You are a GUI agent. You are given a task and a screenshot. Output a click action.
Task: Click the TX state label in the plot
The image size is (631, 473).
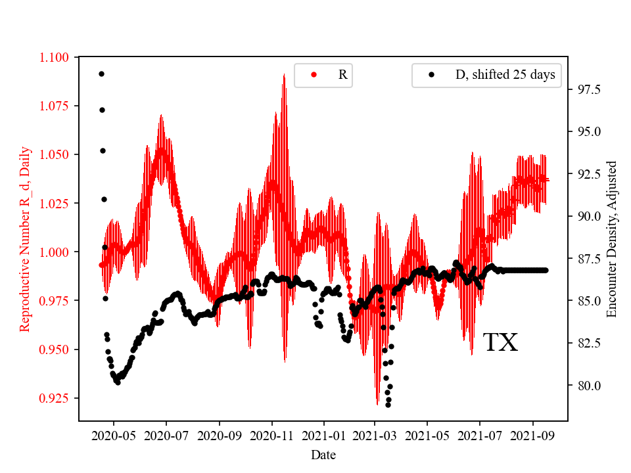pyautogui.click(x=501, y=343)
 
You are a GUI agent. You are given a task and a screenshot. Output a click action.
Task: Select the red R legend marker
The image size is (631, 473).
pyautogui.click(x=314, y=75)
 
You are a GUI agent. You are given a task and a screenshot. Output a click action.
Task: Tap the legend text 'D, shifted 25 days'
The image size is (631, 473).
pyautogui.click(x=505, y=75)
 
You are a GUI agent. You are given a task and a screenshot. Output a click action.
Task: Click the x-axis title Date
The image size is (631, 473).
pyautogui.click(x=323, y=454)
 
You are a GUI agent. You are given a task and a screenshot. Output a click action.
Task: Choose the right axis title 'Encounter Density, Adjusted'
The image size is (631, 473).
pyautogui.click(x=612, y=238)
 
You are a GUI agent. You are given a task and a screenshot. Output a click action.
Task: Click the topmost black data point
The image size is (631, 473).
pyautogui.click(x=101, y=74)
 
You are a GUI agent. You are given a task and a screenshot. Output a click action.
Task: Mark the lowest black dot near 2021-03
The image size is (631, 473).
pyautogui.click(x=388, y=405)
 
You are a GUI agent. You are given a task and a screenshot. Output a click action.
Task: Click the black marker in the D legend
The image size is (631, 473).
pyautogui.click(x=431, y=75)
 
